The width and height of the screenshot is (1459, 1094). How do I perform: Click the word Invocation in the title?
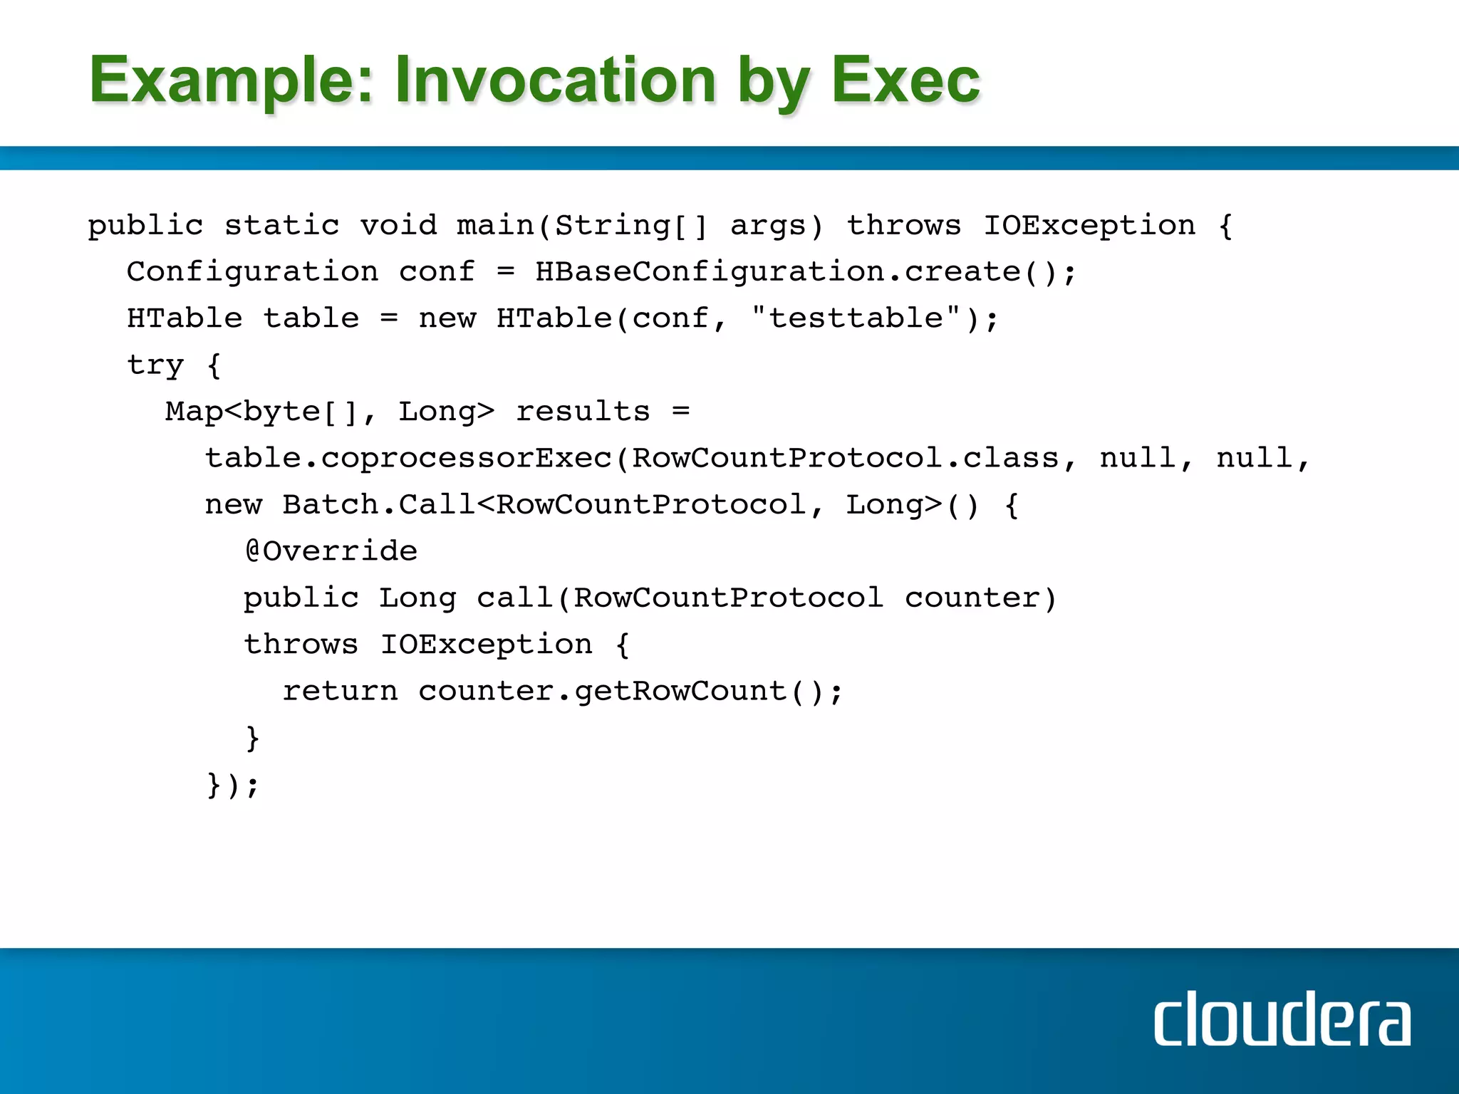(x=555, y=80)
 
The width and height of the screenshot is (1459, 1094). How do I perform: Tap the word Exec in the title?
(x=905, y=80)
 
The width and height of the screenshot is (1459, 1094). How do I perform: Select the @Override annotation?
(x=331, y=551)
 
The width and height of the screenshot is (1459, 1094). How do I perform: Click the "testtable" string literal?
(x=857, y=318)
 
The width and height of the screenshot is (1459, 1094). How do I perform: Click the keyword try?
(x=155, y=365)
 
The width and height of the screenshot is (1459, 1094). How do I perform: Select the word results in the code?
(x=582, y=412)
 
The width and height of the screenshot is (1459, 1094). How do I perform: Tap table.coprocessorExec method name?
(x=409, y=458)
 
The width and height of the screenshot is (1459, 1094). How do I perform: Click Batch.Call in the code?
(x=378, y=505)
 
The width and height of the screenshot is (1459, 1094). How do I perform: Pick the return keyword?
(x=340, y=691)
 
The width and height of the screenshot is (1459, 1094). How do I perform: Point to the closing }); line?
(x=232, y=785)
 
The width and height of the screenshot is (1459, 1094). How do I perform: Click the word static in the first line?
(x=281, y=226)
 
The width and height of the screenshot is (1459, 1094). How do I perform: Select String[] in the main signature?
(x=630, y=226)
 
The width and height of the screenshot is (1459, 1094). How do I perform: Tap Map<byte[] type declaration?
(x=261, y=412)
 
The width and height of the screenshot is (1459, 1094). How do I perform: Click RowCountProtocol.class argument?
(x=845, y=458)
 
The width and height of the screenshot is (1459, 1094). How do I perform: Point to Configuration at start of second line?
(x=252, y=271)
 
